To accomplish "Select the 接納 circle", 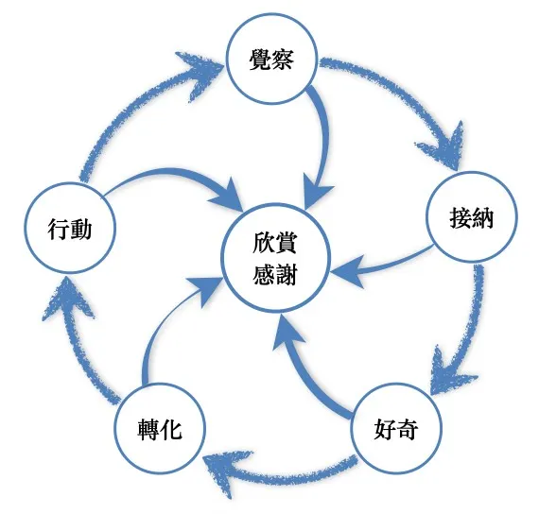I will (x=471, y=218).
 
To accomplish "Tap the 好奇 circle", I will (x=396, y=431).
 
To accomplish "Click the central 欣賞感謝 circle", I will (x=275, y=256).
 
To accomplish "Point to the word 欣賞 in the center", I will (x=275, y=240).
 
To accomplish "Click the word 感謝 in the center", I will (x=275, y=274).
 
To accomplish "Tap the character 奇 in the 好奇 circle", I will (x=409, y=431).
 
